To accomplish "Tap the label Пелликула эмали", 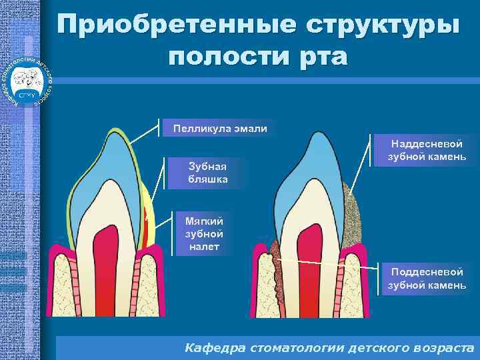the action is [219, 128].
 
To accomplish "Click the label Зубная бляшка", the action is [208, 173].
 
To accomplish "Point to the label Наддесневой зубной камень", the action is [427, 150].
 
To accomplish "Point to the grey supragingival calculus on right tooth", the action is [351, 213].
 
